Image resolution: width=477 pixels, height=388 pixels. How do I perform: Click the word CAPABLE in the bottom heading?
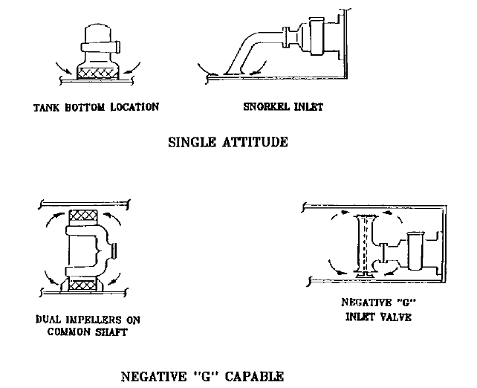254,376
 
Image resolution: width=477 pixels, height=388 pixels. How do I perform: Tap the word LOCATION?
134,107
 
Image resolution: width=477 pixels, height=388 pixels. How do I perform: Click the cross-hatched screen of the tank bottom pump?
98,73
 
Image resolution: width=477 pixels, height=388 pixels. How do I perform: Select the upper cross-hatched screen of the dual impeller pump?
83,216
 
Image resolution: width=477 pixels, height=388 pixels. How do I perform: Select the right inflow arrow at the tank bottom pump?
132,68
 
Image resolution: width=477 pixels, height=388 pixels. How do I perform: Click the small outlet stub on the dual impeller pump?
114,251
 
